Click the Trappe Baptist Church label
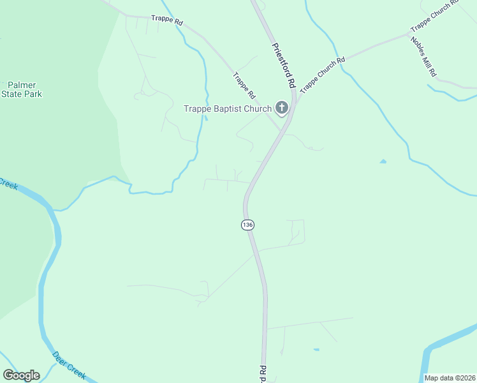tap(228, 109)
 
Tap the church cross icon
tap(282, 108)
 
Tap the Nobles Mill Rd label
tap(422, 56)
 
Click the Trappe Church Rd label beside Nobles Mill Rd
tap(435, 15)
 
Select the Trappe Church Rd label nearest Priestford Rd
tap(322, 75)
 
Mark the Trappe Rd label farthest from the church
tap(167, 21)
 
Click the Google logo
tap(21, 375)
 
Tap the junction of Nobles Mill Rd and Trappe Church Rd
tap(409, 34)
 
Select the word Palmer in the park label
tap(22, 85)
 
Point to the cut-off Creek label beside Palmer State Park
tap(7, 184)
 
